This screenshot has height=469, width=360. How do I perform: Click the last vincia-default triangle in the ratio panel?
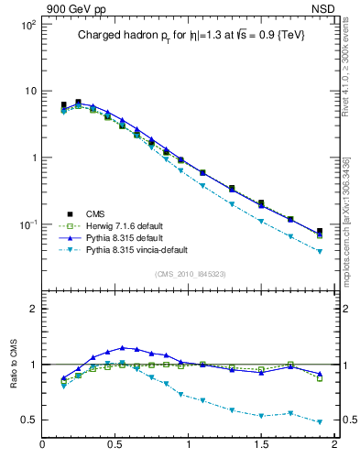[x=320, y=422]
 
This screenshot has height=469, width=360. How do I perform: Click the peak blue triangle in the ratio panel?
[x=122, y=347]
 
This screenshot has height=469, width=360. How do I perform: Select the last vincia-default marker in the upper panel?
[x=320, y=251]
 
